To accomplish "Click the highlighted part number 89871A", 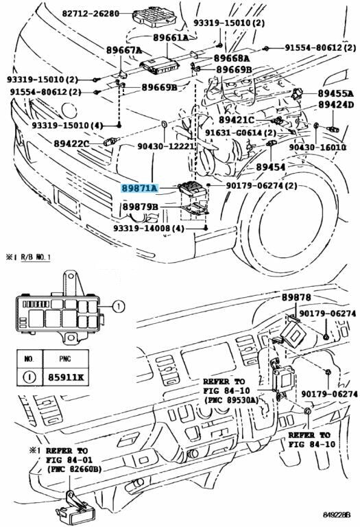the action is coord(139,188).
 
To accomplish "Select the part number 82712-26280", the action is coord(91,14).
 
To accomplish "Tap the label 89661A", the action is coord(171,38).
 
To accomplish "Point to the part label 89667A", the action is coord(124,50).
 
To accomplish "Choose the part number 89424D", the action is coord(336,105).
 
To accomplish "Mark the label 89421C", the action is coord(237,119).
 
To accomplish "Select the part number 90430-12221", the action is coord(166,147).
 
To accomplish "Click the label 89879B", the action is coord(140,207).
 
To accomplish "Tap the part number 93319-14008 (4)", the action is coord(149,229).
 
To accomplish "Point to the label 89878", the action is coord(296,297).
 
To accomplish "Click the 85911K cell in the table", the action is coord(66,377).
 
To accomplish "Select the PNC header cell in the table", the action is coord(66,360).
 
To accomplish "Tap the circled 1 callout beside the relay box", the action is coord(118,307).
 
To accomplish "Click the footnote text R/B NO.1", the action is coord(36,258).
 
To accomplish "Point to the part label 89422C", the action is coord(71,144).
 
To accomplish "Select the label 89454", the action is coord(271,167).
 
